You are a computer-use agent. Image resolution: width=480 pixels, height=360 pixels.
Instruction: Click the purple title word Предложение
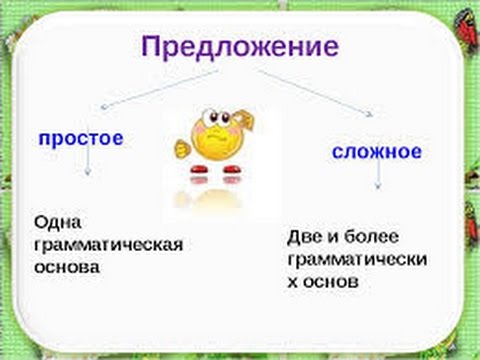tap(239, 47)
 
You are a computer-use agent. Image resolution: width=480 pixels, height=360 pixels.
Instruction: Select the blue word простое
tap(80, 137)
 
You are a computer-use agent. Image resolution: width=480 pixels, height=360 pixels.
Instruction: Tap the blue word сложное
tap(376, 152)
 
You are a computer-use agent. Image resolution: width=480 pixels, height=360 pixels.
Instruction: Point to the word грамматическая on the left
tap(108, 245)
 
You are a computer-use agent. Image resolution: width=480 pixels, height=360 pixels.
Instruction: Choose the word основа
tap(66, 269)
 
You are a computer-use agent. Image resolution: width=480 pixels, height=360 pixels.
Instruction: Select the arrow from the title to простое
tap(140, 89)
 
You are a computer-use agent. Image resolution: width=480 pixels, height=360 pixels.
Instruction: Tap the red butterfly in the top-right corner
tap(466, 12)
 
